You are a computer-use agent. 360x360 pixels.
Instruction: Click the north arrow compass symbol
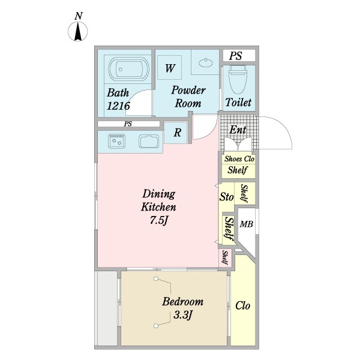click(x=78, y=31)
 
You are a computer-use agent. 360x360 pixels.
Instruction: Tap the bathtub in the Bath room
click(x=129, y=69)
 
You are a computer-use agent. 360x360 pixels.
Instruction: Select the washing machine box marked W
click(x=170, y=67)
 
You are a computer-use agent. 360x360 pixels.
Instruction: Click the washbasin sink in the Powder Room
click(x=206, y=62)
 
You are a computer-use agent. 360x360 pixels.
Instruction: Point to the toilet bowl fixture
click(x=238, y=79)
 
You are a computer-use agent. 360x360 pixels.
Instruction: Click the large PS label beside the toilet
click(x=236, y=56)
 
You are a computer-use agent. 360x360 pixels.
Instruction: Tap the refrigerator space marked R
click(x=177, y=133)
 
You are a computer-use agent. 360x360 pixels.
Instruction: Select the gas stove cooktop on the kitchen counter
click(x=116, y=140)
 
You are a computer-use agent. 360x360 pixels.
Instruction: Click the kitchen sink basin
click(x=149, y=142)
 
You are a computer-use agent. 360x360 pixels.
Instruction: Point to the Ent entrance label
click(x=238, y=130)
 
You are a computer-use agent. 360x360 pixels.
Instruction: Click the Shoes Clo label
click(x=239, y=159)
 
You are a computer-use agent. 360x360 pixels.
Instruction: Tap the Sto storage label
click(x=226, y=197)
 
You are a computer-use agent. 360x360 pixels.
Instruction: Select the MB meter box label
click(x=247, y=224)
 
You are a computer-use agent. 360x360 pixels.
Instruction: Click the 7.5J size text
click(x=159, y=220)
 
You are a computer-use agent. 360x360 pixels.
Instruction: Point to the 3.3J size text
click(x=182, y=315)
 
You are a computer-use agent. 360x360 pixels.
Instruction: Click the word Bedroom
click(x=183, y=301)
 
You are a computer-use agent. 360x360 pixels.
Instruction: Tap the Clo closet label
click(x=242, y=305)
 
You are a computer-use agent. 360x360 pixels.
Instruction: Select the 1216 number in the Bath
click(x=118, y=106)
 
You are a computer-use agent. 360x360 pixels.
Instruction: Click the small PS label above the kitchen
click(x=128, y=124)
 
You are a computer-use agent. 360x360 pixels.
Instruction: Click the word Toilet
click(x=238, y=102)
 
